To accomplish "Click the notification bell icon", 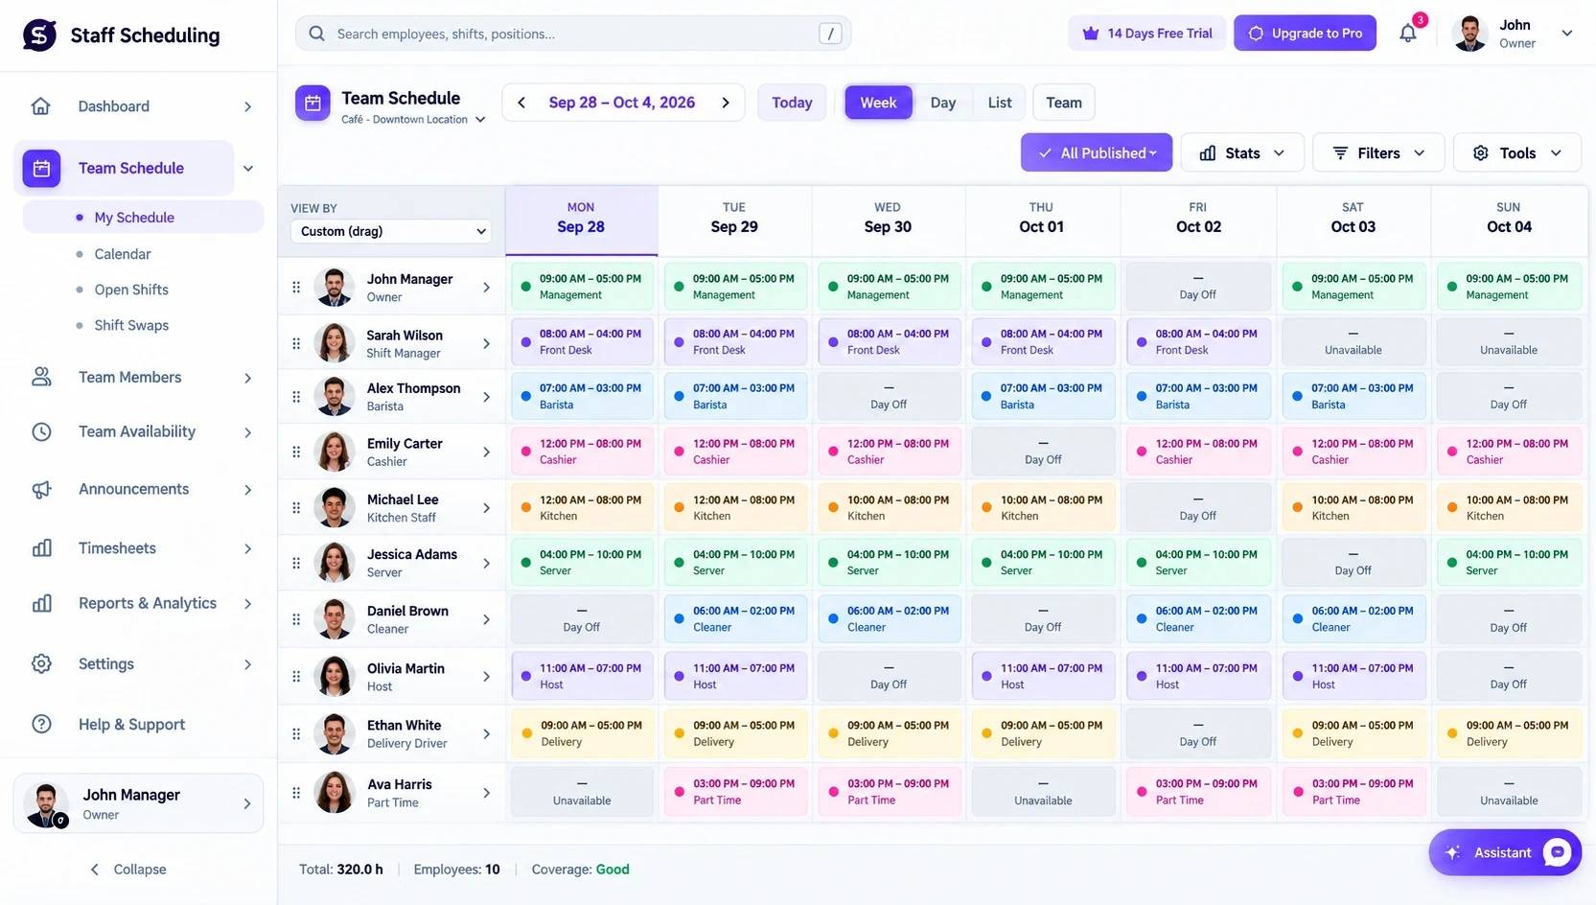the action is pos(1408,34).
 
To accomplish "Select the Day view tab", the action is pos(942,103).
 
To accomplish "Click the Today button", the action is pos(792,103).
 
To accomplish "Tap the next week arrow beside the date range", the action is pos(726,103).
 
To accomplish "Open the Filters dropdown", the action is pos(1378,153).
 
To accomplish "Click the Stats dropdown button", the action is pos(1242,153).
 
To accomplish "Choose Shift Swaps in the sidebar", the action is pos(131,326).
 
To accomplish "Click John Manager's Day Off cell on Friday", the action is pos(1197,287).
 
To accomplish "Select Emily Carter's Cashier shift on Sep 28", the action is pos(582,452).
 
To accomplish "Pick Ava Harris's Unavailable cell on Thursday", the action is pos(1043,792).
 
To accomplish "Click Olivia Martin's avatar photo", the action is pos(335,676).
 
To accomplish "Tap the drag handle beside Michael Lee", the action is pos(296,507).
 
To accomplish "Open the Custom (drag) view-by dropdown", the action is pos(391,232).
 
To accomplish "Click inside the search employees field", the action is pos(573,34).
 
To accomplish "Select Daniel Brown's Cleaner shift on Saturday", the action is pos(1353,619).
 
